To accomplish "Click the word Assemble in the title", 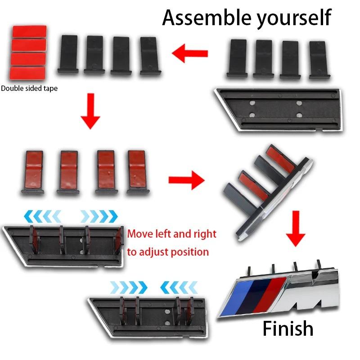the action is click(x=207, y=18).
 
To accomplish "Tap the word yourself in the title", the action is click(x=294, y=19).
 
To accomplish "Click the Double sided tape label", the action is click(x=29, y=88).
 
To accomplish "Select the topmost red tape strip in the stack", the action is click(x=29, y=31).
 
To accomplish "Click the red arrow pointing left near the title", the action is click(x=189, y=54).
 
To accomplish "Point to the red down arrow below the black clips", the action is click(x=90, y=111).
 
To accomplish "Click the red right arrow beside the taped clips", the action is click(x=186, y=180).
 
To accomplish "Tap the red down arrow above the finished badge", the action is click(x=296, y=229).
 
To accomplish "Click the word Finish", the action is click(x=288, y=328).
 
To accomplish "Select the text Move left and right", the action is click(x=172, y=234).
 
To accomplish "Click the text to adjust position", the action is click(x=168, y=252).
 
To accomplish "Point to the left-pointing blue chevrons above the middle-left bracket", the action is click(x=43, y=216).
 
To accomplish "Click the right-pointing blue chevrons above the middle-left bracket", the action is click(x=99, y=216).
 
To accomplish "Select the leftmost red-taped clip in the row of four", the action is click(x=33, y=172).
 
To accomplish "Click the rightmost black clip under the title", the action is click(x=319, y=60).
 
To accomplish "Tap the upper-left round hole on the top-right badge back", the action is click(x=252, y=103).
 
